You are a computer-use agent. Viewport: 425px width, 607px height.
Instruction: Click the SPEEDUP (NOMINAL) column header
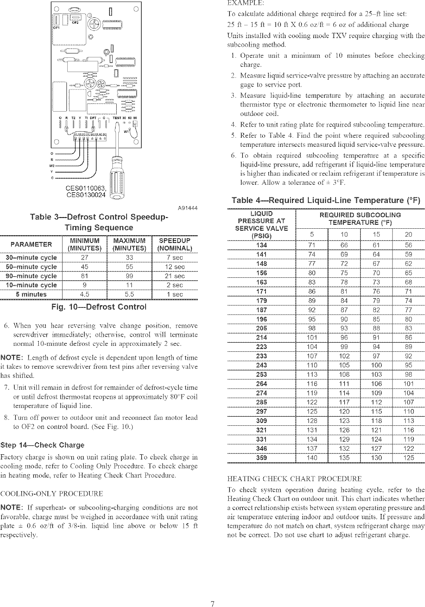175,245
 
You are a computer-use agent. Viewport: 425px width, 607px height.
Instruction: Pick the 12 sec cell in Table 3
175,267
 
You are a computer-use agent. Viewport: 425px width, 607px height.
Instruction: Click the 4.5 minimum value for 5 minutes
85,294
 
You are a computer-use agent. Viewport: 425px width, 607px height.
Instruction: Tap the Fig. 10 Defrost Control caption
99,307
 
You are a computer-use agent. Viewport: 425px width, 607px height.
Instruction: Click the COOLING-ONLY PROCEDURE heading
52,494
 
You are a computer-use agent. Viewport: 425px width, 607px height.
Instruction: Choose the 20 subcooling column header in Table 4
408,235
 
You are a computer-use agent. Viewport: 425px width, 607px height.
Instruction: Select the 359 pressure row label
262,458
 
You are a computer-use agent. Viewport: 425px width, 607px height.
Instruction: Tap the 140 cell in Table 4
311,458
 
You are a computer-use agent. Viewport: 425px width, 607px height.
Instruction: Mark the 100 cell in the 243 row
376,365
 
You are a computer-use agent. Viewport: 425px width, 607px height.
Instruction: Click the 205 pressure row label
262,328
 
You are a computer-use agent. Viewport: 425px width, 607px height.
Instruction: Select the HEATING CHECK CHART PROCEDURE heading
295,478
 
